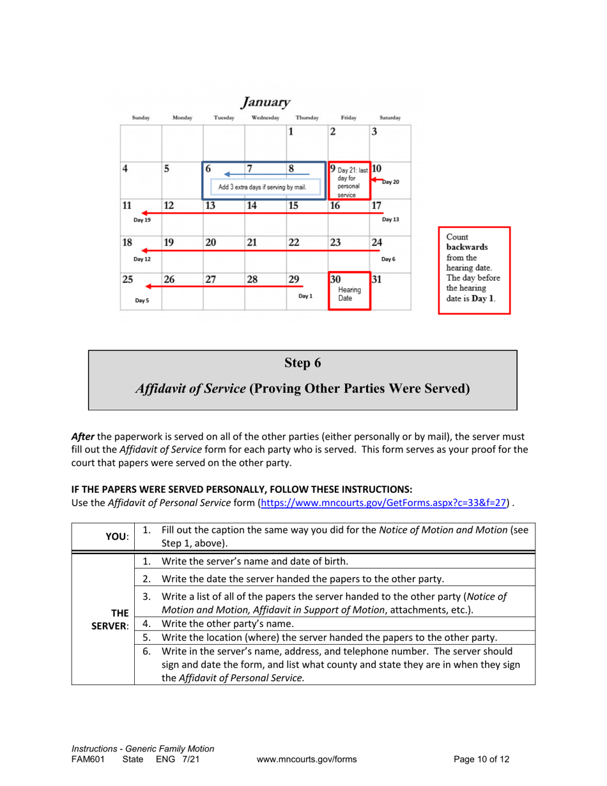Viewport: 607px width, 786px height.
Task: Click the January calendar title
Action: click(x=266, y=102)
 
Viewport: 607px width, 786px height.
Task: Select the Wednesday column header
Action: click(x=265, y=118)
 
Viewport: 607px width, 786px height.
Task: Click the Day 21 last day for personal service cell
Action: click(x=349, y=180)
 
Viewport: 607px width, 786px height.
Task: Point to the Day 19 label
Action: click(x=142, y=220)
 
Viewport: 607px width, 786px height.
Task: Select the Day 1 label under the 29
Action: click(x=305, y=296)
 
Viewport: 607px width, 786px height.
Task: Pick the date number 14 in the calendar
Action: click(x=252, y=206)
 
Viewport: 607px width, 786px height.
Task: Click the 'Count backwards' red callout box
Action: click(x=473, y=270)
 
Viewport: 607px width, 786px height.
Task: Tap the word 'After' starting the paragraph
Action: click(x=82, y=436)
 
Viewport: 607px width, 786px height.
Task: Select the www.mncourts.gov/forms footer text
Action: click(x=306, y=760)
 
